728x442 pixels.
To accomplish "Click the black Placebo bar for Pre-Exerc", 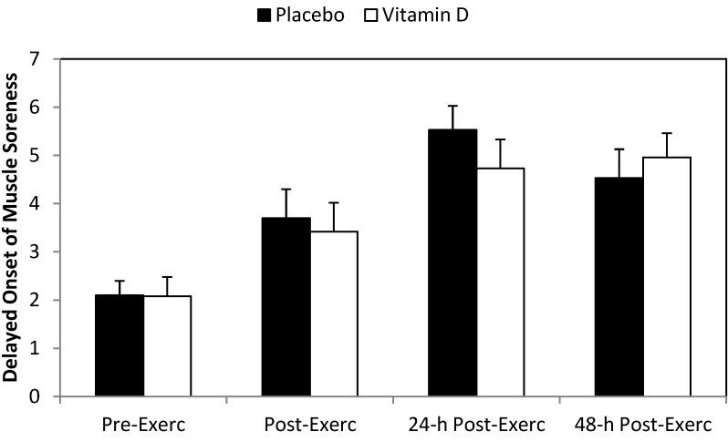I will pos(120,346).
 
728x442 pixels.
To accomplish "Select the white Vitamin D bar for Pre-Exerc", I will pos(167,346).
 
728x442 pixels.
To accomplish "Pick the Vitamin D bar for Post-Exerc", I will pos(334,314).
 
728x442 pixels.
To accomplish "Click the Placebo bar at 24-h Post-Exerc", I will pos(453,263).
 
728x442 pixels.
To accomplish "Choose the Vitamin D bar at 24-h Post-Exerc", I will pos(500,283).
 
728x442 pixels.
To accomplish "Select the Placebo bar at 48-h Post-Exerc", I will pos(620,287).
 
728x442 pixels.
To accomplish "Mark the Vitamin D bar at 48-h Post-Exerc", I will pos(667,277).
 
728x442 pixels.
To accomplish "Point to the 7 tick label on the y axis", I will pos(35,59).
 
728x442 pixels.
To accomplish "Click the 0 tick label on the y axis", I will pos(35,397).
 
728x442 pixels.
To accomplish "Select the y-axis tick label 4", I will pos(35,204).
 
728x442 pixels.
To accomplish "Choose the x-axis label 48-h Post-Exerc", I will pos(643,426).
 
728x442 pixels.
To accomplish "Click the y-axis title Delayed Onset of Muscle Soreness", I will pos(13,228).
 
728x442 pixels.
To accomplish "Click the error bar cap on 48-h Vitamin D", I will pos(667,133).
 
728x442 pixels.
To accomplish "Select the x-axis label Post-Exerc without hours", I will pos(309,426).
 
